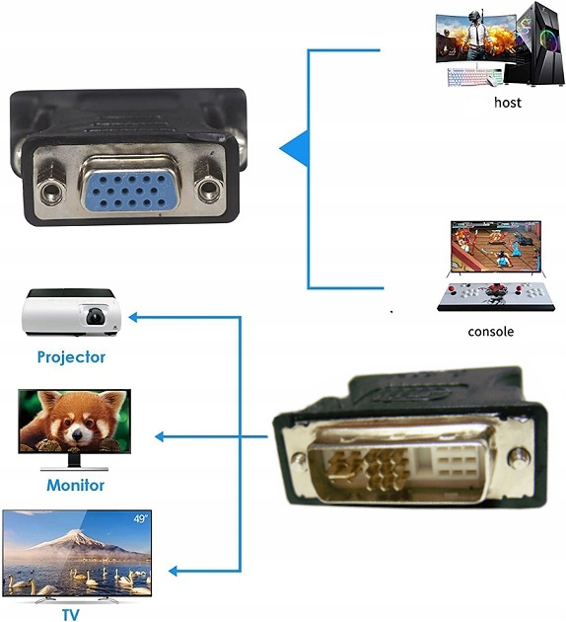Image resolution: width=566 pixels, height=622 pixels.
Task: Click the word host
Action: pyautogui.click(x=508, y=103)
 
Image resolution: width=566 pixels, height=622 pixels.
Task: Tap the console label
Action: pyautogui.click(x=491, y=331)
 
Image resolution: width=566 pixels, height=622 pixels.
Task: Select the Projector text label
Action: pyautogui.click(x=71, y=357)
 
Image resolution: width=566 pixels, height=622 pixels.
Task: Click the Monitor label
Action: pyautogui.click(x=75, y=485)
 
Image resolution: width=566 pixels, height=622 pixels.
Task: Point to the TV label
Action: pyautogui.click(x=71, y=614)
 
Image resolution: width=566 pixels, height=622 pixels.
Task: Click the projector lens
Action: pyautogui.click(x=96, y=316)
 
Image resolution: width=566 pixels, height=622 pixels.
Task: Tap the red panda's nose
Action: pyautogui.click(x=77, y=436)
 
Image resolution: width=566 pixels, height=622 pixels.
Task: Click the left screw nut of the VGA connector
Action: pyautogui.click(x=51, y=193)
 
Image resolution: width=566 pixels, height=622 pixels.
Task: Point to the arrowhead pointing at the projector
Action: pyautogui.click(x=133, y=317)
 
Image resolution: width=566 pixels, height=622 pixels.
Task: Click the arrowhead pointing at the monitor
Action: pyautogui.click(x=159, y=436)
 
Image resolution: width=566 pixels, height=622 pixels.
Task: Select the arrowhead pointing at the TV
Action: pyautogui.click(x=174, y=571)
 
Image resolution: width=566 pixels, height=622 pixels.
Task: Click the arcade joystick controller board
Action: pyautogui.click(x=496, y=296)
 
